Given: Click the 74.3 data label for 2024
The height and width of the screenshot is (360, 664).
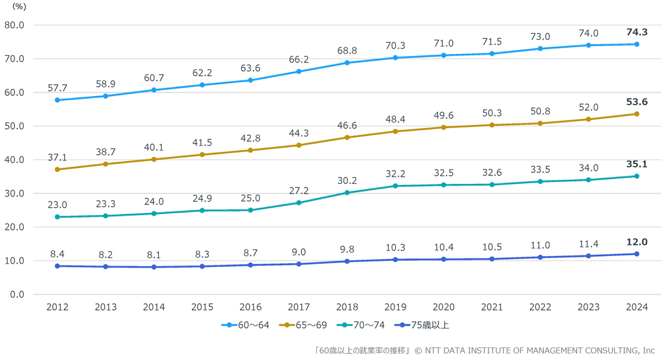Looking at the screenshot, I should [x=636, y=32].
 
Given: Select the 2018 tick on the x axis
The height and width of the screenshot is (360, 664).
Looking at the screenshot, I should [x=347, y=307].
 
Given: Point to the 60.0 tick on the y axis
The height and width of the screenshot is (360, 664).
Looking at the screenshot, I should [x=14, y=93].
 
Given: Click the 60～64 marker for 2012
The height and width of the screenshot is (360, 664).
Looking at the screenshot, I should [x=57, y=100].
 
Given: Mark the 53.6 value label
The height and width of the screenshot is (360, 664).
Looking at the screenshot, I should [x=636, y=102].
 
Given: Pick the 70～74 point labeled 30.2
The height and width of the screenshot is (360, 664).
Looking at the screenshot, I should [x=347, y=193].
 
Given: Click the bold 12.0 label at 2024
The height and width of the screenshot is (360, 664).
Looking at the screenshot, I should [x=636, y=242].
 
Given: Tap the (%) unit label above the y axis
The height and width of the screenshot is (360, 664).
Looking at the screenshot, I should [x=19, y=7].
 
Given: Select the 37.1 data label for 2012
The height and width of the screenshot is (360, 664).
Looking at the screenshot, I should [x=57, y=157].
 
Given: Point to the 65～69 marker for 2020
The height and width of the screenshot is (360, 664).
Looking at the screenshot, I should [x=444, y=127].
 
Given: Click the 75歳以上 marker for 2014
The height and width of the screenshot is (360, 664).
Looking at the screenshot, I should [x=154, y=267].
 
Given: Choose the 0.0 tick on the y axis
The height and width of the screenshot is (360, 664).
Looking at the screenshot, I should [x=16, y=294].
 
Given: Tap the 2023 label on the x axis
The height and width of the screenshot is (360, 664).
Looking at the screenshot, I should [x=588, y=307].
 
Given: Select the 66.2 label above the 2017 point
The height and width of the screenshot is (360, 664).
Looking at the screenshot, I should [x=299, y=59].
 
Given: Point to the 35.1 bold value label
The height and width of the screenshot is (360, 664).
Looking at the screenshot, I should [x=636, y=164].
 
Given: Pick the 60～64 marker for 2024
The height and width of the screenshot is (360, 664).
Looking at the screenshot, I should [x=636, y=44].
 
